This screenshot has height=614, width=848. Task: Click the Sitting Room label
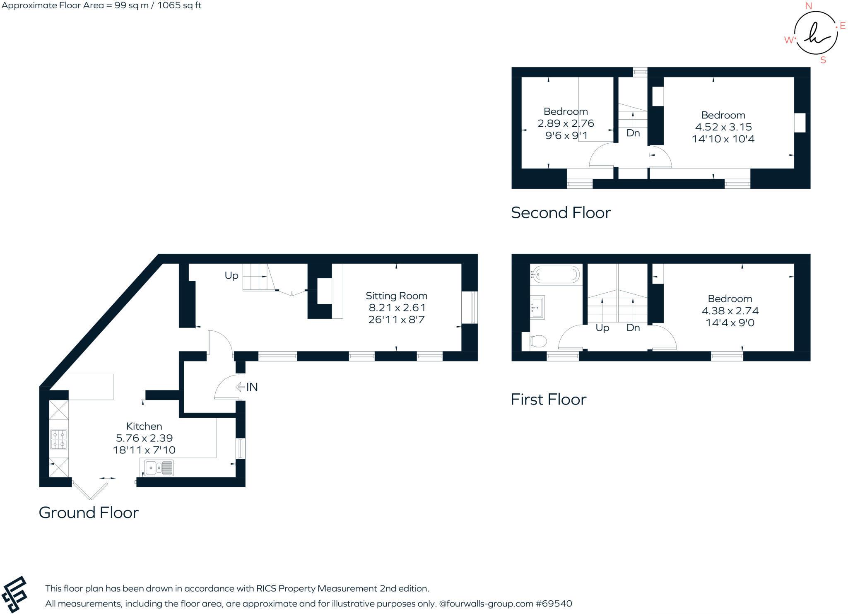(x=396, y=296)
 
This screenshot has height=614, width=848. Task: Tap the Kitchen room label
(x=144, y=426)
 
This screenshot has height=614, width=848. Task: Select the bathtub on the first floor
(x=556, y=274)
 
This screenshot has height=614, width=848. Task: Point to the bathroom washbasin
(x=537, y=307)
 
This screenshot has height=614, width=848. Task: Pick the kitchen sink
(x=159, y=468)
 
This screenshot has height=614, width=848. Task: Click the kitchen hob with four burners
(x=58, y=439)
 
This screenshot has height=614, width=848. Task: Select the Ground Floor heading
(x=89, y=513)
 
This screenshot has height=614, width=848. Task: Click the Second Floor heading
(x=561, y=213)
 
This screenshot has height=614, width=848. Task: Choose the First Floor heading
(x=548, y=400)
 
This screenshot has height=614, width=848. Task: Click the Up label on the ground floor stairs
(x=231, y=275)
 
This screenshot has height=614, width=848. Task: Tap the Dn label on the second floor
(x=633, y=133)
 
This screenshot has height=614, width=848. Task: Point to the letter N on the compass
(x=808, y=6)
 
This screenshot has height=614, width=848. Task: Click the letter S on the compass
(x=823, y=60)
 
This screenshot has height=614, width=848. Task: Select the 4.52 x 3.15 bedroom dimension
(x=723, y=127)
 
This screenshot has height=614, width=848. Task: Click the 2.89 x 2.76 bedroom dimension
(x=566, y=123)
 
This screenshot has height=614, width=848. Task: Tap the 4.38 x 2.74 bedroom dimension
(x=730, y=311)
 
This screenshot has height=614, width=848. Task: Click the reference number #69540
(x=554, y=604)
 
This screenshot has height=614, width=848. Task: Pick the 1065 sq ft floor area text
(x=179, y=5)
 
